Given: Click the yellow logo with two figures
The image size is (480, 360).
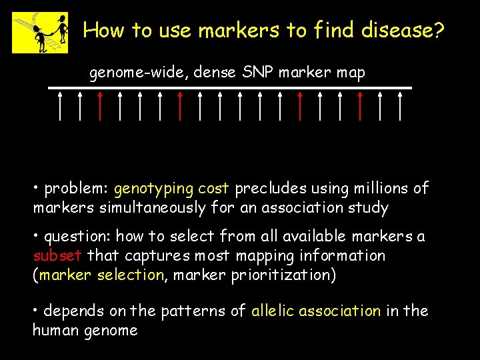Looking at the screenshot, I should point(40,32).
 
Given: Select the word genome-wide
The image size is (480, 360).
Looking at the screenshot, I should point(139,73).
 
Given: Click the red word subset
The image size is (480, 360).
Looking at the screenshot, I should point(58,256).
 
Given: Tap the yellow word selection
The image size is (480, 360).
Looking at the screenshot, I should point(130,275).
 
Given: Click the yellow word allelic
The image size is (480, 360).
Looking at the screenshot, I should point(273,311).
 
